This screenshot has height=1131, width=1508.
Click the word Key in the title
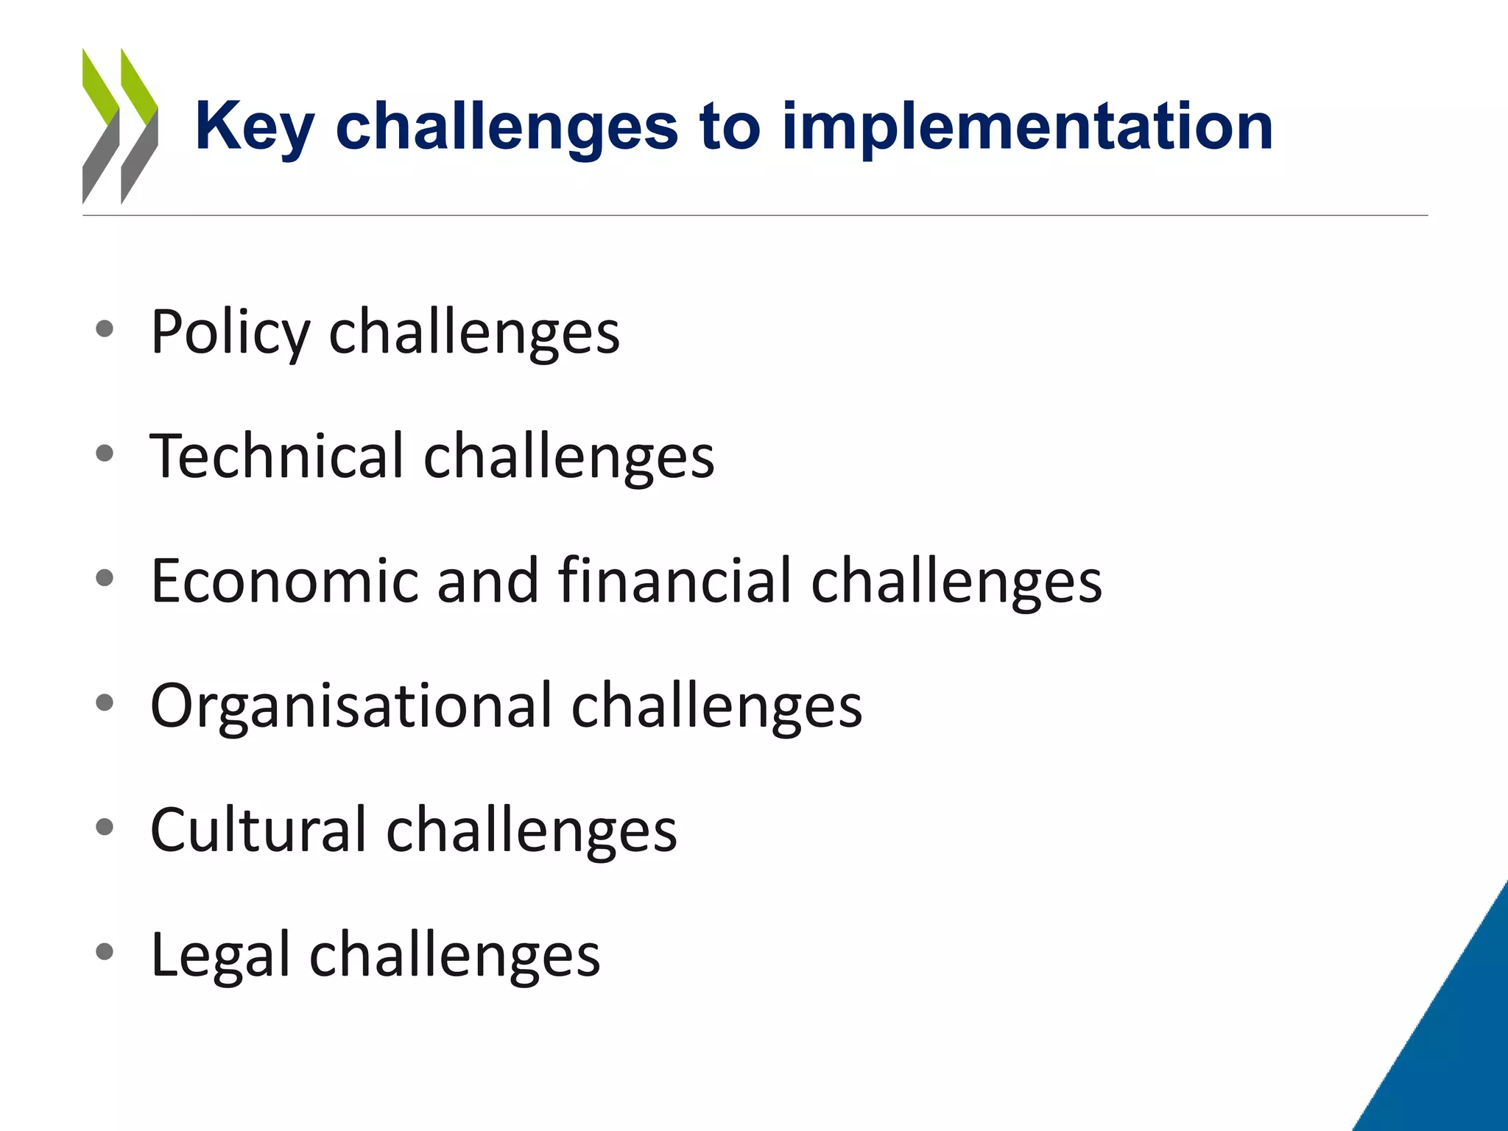(254, 127)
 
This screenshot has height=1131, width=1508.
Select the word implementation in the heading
(1027, 127)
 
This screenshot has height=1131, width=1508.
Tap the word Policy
(230, 333)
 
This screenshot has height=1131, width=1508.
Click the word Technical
(277, 456)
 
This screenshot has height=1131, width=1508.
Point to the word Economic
(284, 581)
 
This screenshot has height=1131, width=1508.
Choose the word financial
(675, 581)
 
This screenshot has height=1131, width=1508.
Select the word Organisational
(350, 705)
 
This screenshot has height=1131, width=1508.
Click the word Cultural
(258, 830)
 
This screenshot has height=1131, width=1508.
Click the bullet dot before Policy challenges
(105, 329)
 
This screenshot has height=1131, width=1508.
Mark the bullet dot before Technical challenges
(105, 454)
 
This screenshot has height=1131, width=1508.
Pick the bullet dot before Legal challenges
(105, 952)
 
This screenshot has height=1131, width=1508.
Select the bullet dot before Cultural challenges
(105, 828)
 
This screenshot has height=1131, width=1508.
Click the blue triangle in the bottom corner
(1454, 1046)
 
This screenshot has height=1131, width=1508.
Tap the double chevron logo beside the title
(120, 126)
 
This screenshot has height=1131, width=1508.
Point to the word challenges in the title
(507, 127)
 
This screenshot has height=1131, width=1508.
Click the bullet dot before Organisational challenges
(105, 702)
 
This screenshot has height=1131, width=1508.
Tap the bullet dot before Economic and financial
(105, 578)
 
